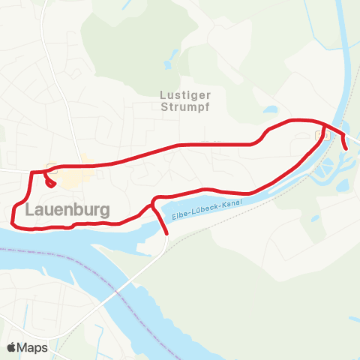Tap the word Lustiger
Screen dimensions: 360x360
click(x=184, y=94)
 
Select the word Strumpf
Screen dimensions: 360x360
click(x=184, y=106)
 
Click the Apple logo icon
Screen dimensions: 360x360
click(x=12, y=347)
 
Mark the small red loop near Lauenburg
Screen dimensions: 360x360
click(x=51, y=181)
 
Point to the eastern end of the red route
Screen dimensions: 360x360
click(x=346, y=148)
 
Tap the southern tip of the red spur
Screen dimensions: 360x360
click(x=166, y=233)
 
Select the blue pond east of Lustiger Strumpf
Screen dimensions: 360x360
click(x=269, y=111)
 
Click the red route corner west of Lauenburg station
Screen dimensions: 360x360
click(x=31, y=172)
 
